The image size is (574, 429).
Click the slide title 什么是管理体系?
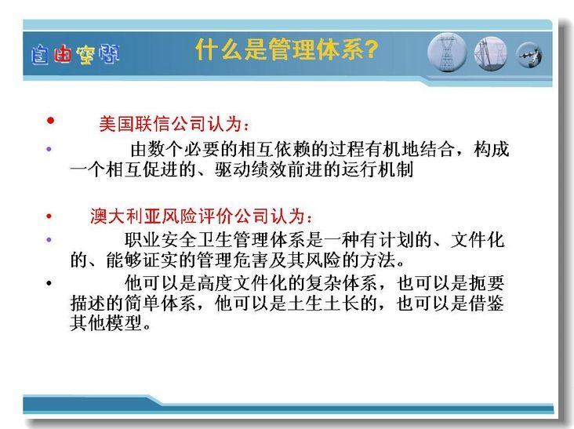tap(287, 49)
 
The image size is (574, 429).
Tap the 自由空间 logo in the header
tap(75, 55)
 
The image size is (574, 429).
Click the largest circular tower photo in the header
tap(447, 53)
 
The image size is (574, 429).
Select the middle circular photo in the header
tap(491, 53)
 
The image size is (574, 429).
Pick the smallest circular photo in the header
tap(529, 55)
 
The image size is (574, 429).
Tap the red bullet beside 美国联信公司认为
tap(50, 121)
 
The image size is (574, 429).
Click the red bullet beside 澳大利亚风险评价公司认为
tap(49, 216)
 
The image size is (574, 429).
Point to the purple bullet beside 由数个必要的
tap(49, 149)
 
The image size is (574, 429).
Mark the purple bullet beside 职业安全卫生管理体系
tap(49, 240)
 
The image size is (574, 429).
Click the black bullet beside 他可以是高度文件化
tap(49, 283)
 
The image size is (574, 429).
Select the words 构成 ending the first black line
tap(492, 149)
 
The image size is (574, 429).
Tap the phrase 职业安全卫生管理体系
tap(215, 240)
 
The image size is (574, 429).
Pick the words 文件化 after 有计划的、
tap(478, 240)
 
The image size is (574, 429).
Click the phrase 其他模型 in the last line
tap(105, 323)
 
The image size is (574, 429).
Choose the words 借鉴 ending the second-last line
tap(487, 303)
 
